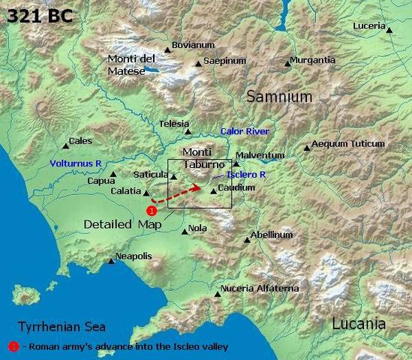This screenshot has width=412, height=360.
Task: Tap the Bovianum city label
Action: click(x=193, y=45)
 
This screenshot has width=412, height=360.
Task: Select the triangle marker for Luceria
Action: click(x=389, y=29)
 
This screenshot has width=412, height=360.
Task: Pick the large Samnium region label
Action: click(x=279, y=97)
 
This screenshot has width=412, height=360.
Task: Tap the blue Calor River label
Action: click(x=245, y=130)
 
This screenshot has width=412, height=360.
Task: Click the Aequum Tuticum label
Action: click(x=347, y=143)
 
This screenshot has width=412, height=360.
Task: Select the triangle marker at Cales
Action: click(x=65, y=146)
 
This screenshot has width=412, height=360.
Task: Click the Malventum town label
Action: click(x=260, y=155)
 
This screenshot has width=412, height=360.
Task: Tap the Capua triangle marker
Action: click(x=113, y=175)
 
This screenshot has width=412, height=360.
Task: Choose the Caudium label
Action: click(x=236, y=187)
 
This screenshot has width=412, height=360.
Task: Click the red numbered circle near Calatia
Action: click(x=152, y=211)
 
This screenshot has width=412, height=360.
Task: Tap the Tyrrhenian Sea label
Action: click(x=62, y=327)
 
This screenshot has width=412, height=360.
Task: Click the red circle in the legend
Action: click(x=13, y=346)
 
